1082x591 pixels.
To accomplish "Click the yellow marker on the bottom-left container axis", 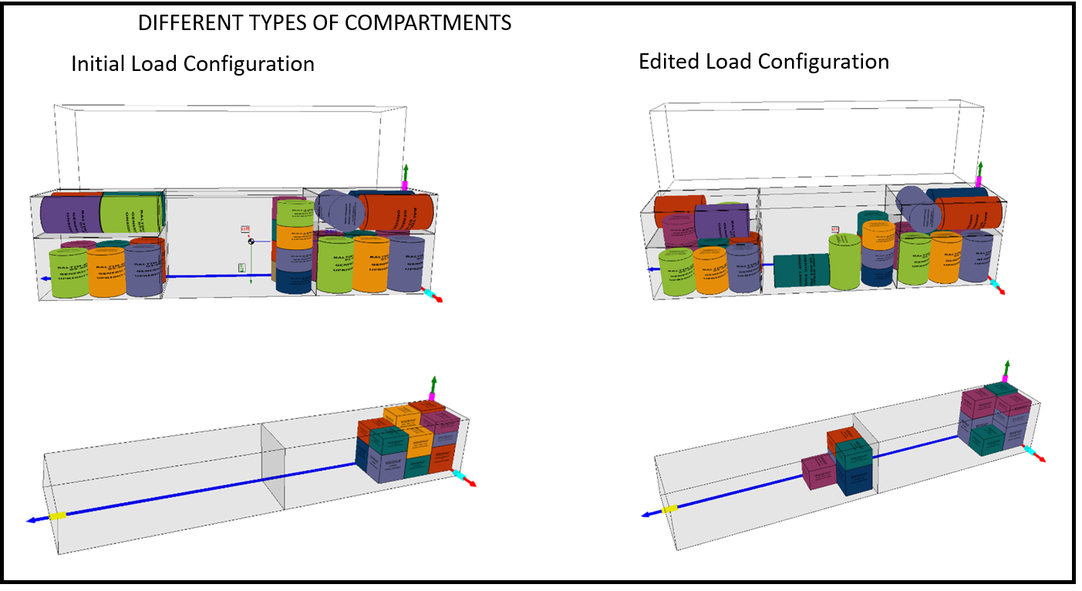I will [x=57, y=515].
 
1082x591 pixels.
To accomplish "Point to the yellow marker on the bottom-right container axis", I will [x=669, y=509].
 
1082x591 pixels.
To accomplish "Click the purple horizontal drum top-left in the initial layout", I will [x=70, y=214].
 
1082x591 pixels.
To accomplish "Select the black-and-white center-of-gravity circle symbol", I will [x=251, y=242].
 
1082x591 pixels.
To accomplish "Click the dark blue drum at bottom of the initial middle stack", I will [x=293, y=281].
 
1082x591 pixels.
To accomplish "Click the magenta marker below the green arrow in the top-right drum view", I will [x=979, y=181].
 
